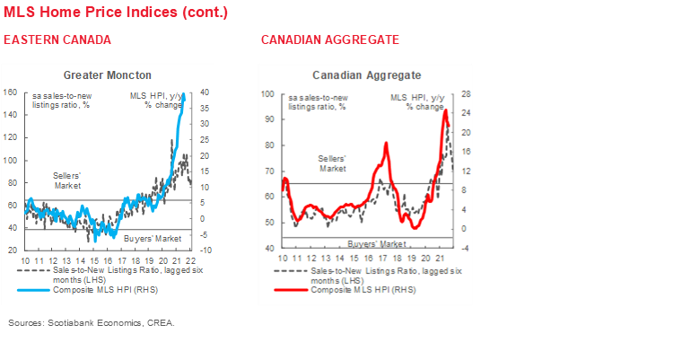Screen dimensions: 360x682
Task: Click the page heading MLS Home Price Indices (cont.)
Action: coord(116,13)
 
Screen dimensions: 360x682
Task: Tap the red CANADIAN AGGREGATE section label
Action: coord(329,41)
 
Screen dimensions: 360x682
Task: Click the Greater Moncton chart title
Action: coord(108,75)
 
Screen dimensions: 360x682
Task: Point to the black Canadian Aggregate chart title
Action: coord(366,75)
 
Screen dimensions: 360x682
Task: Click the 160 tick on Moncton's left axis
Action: coord(11,92)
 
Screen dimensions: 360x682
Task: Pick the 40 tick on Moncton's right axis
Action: coord(205,92)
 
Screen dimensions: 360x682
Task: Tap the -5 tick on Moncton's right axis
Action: coord(205,235)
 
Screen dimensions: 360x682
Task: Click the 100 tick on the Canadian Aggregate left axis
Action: coord(267,93)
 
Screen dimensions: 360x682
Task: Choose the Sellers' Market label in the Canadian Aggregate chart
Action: coord(333,163)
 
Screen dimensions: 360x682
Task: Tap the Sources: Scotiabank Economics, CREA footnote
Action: coord(92,322)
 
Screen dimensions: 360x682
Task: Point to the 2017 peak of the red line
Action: coord(386,144)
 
